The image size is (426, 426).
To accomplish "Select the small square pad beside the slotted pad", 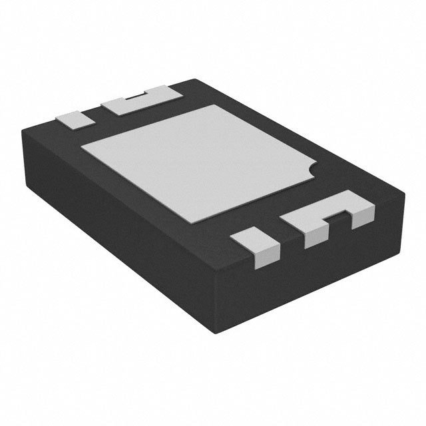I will (x=73, y=118).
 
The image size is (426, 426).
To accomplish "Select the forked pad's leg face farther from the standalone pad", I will (x=363, y=214).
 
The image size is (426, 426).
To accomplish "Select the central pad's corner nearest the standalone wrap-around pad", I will (x=220, y=222).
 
